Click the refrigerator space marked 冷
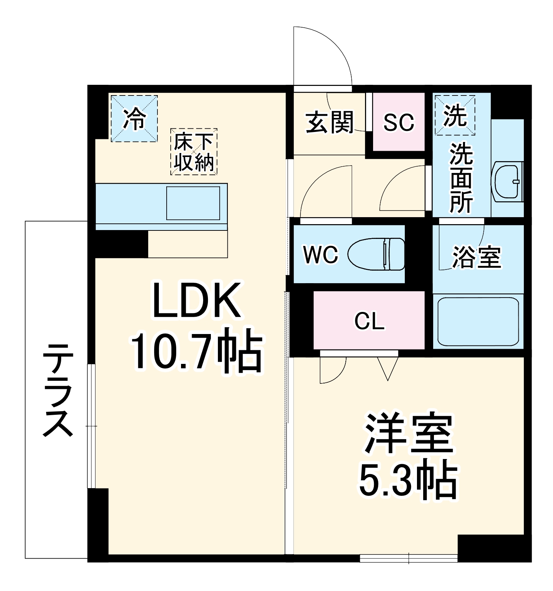pyautogui.click(x=134, y=118)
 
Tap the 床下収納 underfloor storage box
pyautogui.click(x=194, y=152)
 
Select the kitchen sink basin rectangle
pyautogui.click(x=193, y=203)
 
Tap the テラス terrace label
pyautogui.click(x=57, y=390)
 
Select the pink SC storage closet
pyautogui.click(x=399, y=122)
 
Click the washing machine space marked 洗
pyautogui.click(x=455, y=115)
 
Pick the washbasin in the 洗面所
pyautogui.click(x=507, y=182)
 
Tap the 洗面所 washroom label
pyautogui.click(x=461, y=178)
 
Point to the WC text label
pyautogui.click(x=320, y=254)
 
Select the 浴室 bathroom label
pyautogui.click(x=477, y=257)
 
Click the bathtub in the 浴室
pyautogui.click(x=478, y=321)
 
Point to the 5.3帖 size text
pyautogui.click(x=408, y=479)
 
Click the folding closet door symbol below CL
pyautogui.click(x=388, y=368)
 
